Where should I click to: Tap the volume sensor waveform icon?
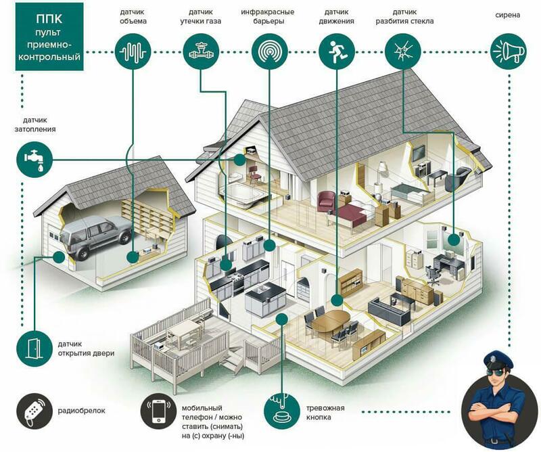pos(132,50)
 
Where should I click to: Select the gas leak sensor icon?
pos(200,50)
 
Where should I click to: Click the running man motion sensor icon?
pos(335,50)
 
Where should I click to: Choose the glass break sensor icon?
pos(402,50)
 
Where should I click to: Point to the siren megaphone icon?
pos(507,50)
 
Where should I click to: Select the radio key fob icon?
pos(32,409)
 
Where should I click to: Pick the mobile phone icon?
pos(158,409)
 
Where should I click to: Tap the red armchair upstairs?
pos(327,201)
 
